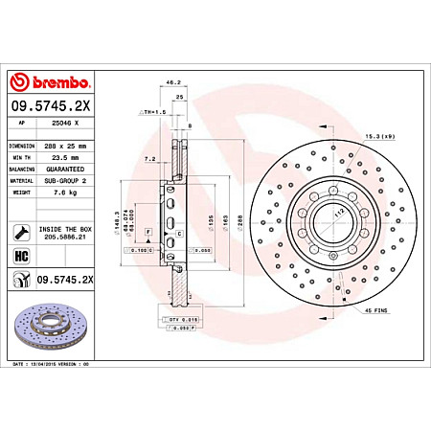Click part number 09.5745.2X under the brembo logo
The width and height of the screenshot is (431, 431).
coord(53,106)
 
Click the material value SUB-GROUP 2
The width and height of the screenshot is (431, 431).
coord(65,179)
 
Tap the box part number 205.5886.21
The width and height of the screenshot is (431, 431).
coord(65,238)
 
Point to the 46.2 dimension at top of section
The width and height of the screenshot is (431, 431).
coord(174,83)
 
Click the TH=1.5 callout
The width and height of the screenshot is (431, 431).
coord(153,112)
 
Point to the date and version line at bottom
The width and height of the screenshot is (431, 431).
coord(62,365)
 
